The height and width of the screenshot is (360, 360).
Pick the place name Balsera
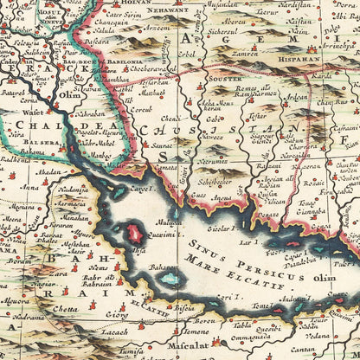pos(46,144)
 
